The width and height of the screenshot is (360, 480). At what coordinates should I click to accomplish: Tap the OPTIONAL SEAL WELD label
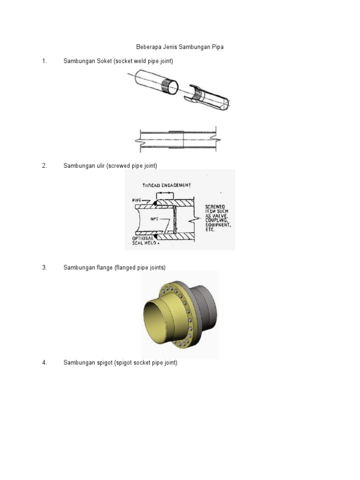[141, 240]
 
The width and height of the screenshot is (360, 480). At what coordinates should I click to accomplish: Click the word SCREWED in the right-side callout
[215, 206]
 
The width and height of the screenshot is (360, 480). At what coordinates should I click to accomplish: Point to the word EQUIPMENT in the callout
[218, 224]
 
